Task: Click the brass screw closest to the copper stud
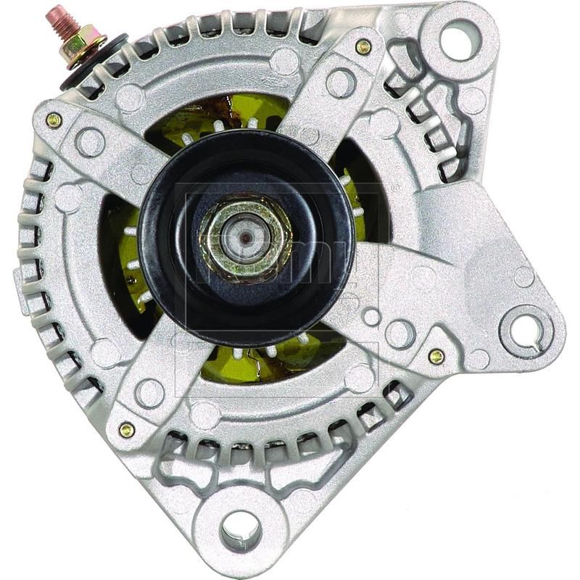[54, 120]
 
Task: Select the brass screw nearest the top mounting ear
[363, 47]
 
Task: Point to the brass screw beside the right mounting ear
[436, 356]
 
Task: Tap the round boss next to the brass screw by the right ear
[399, 334]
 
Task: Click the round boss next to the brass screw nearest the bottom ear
[150, 393]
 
